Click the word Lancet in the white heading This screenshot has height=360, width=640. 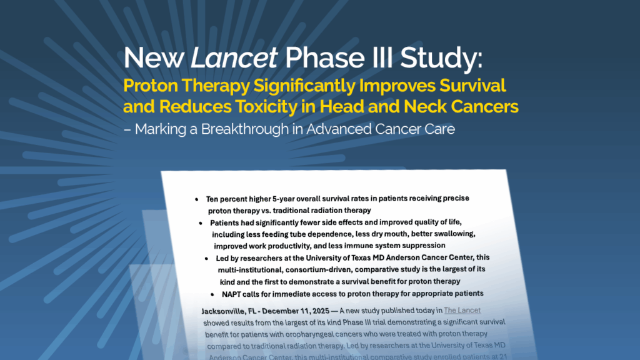(x=234, y=58)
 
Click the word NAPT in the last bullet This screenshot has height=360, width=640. (x=232, y=294)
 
